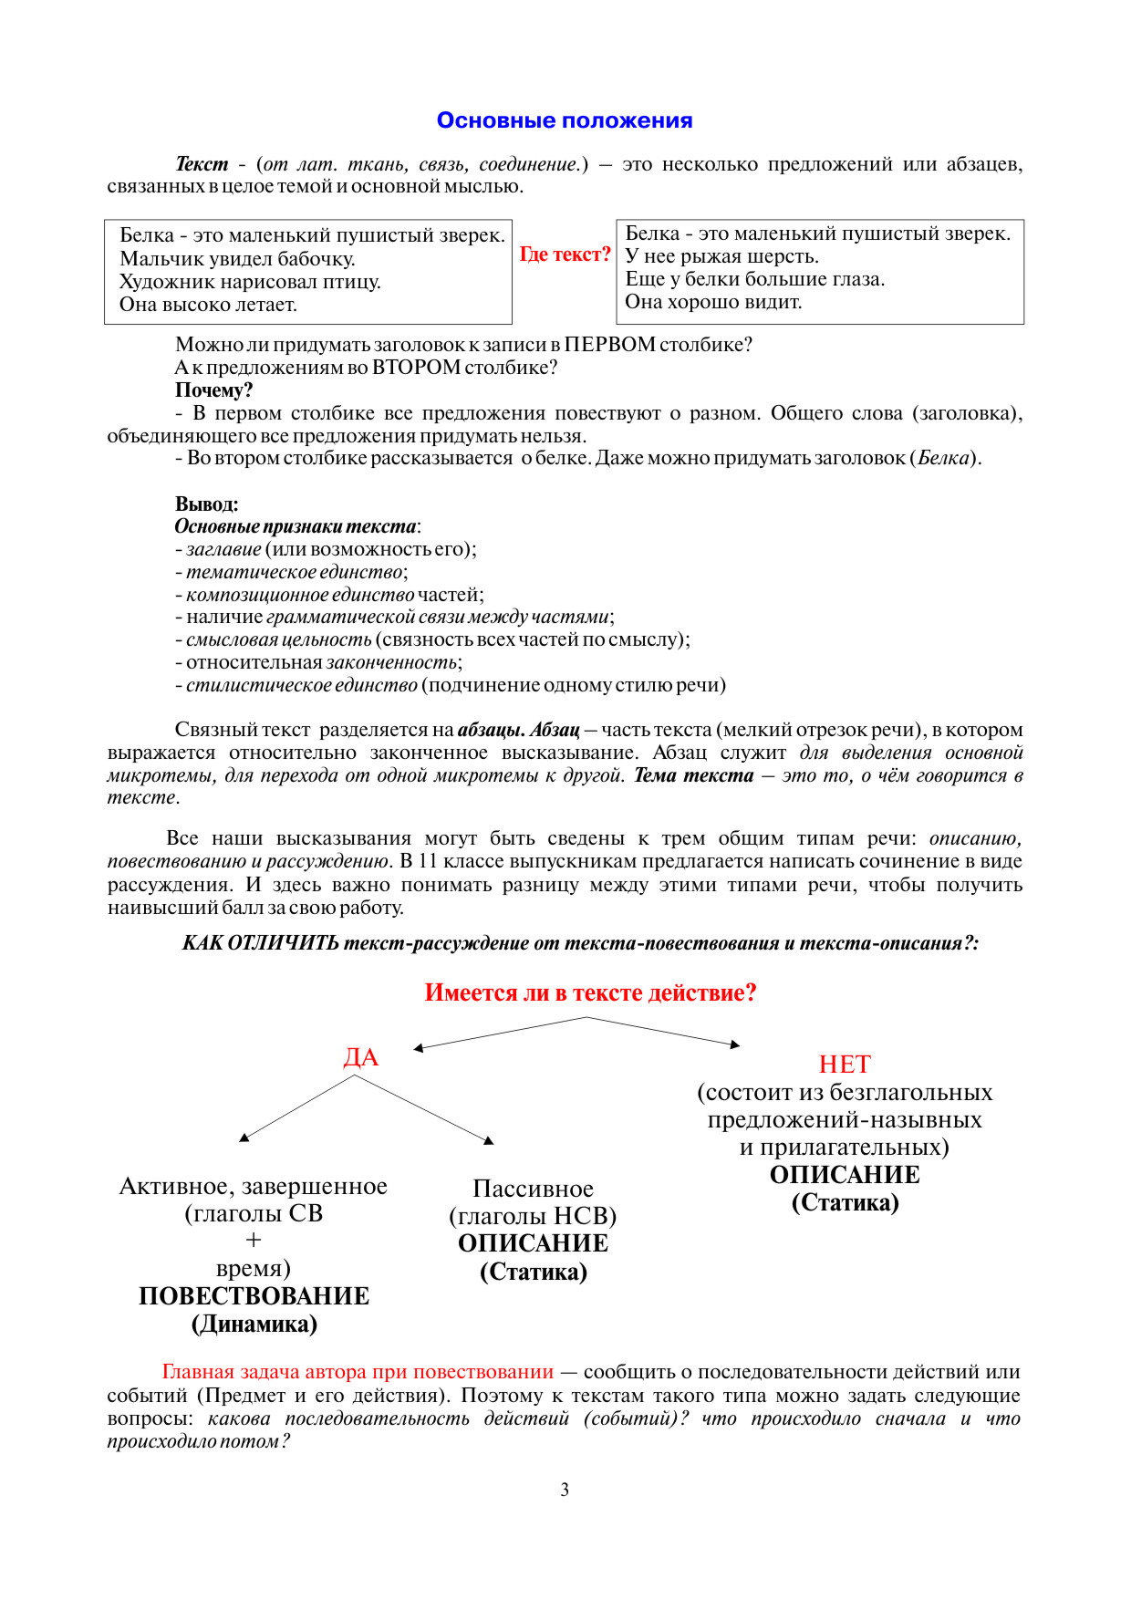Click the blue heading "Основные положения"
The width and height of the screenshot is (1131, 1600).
[x=565, y=120]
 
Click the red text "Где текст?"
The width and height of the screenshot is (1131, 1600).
[x=565, y=255]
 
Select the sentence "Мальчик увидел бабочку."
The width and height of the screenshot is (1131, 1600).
[x=237, y=259]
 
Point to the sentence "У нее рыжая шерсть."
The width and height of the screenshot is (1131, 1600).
[x=721, y=256]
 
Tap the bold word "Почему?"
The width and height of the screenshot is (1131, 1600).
[x=213, y=390]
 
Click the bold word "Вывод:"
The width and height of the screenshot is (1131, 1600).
[x=206, y=504]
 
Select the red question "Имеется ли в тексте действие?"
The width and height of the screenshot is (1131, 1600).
[x=590, y=992]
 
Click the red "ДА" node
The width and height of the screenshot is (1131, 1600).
[x=360, y=1057]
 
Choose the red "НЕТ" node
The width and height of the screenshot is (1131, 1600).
[x=845, y=1065]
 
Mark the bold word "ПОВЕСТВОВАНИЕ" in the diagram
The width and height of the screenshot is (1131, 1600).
[x=254, y=1296]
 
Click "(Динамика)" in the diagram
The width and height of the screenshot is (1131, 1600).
[x=254, y=1324]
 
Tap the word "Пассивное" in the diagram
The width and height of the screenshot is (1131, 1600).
[x=533, y=1189]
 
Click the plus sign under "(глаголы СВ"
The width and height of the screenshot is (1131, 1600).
[x=254, y=1241]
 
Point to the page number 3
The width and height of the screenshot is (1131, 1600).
[x=565, y=1490]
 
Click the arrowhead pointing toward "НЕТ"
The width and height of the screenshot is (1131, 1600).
[x=735, y=1044]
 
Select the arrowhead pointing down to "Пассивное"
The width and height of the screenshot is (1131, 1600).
[x=489, y=1140]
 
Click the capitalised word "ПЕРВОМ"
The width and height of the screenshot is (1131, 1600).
[x=609, y=345]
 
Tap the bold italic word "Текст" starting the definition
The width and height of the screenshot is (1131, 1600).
[x=202, y=164]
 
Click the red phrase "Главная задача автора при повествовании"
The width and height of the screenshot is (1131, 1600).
[x=358, y=1372]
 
